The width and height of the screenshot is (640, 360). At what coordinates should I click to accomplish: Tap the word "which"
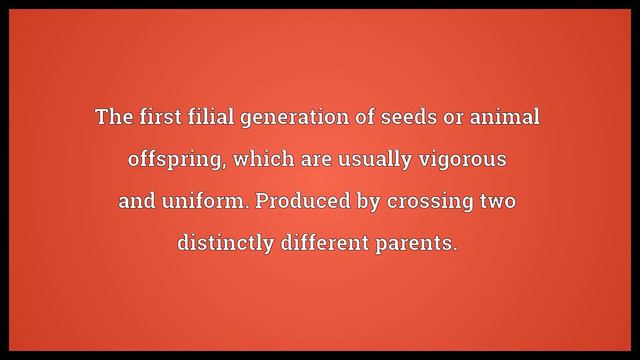click(259, 159)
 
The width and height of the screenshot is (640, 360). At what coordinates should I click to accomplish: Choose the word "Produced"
click(296, 201)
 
